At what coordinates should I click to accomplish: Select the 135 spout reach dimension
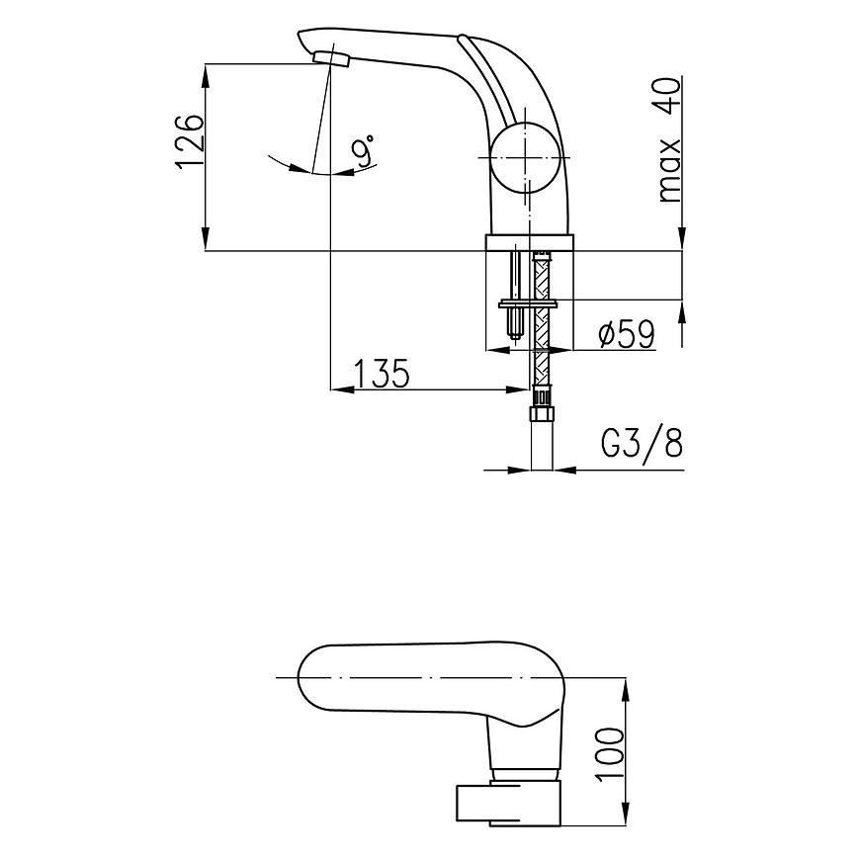tap(383, 373)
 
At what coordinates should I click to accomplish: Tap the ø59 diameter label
tap(627, 334)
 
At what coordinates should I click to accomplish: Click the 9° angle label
tap(364, 150)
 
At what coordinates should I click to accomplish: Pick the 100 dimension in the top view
tap(610, 752)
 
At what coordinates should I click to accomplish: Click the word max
tap(669, 171)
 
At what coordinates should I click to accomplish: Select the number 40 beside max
tap(668, 97)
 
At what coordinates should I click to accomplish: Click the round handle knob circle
tap(525, 158)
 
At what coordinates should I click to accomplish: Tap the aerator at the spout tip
tap(331, 57)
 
